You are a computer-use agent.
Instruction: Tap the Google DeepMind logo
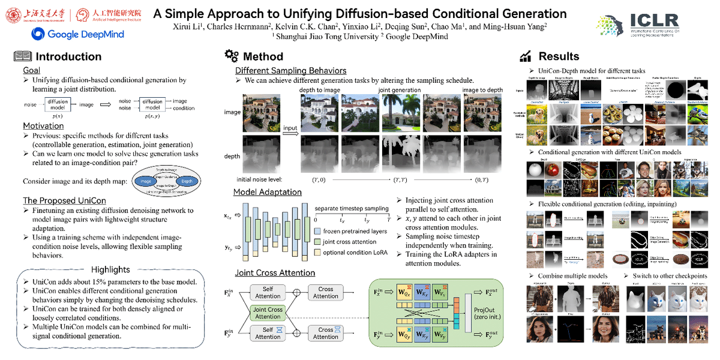(x=78, y=34)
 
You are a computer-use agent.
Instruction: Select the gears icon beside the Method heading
(x=231, y=56)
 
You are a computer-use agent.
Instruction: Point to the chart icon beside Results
(x=526, y=56)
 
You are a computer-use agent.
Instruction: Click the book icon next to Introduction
(x=22, y=57)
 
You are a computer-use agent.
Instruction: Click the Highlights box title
(x=110, y=269)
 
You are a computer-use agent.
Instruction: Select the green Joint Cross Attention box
(x=268, y=313)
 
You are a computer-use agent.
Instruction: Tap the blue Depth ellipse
(x=187, y=181)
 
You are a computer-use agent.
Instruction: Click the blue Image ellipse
(x=145, y=181)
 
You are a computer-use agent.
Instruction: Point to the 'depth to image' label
(x=320, y=90)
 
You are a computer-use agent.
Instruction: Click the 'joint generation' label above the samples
(x=399, y=90)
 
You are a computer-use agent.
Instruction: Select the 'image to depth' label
(x=482, y=90)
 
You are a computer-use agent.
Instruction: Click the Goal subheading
(x=31, y=70)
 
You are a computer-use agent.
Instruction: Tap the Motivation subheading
(x=43, y=126)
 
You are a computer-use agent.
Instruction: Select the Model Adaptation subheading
(x=268, y=192)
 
